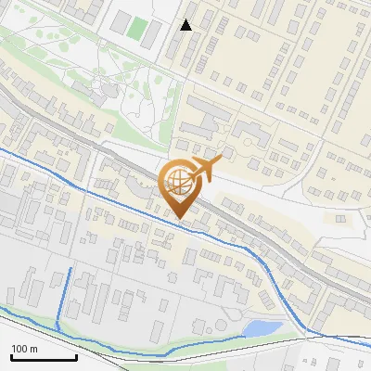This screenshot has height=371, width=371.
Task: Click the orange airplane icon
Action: tap(203, 170)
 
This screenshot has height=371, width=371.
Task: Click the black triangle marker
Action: tap(186, 25)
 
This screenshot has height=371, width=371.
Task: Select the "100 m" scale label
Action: tap(24, 349)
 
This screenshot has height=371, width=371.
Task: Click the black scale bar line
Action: tap(43, 357)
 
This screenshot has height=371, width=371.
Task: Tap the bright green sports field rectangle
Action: tap(137, 30)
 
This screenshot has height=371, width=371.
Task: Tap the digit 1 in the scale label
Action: tap(13, 349)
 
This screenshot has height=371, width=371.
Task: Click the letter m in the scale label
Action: tap(33, 350)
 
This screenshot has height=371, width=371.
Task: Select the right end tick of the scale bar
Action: tap(75, 356)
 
